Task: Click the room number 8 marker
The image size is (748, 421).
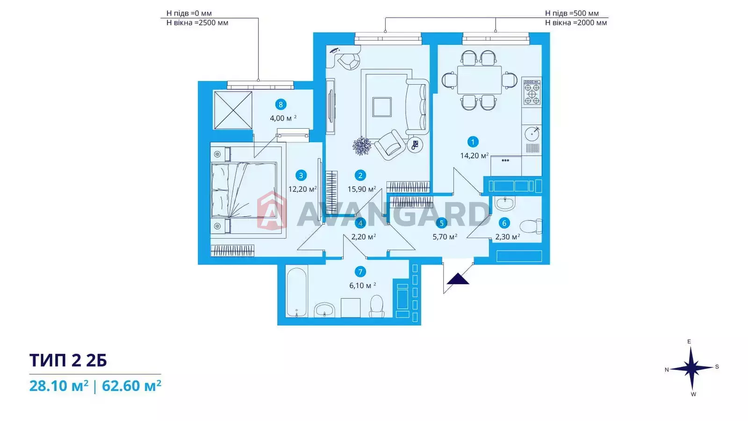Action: coord(280,105)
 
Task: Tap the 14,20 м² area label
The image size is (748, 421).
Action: coord(474,155)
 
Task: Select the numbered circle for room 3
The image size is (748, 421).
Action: coord(301,175)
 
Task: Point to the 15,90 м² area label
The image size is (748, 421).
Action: coord(362,189)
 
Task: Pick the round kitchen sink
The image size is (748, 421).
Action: coord(532,134)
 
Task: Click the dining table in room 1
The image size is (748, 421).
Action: coord(479,80)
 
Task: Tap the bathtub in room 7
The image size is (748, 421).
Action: coord(296,292)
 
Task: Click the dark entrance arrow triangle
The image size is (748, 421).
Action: coord(458,279)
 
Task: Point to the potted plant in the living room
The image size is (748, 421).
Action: coord(362,146)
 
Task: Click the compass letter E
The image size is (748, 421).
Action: coord(689,341)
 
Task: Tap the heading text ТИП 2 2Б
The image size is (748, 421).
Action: coord(68,360)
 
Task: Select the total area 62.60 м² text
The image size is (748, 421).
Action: coord(131,386)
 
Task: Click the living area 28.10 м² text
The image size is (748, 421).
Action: coord(59,386)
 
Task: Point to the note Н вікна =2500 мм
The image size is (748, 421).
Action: coord(197,23)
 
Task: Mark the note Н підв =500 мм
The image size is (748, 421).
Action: coord(572,13)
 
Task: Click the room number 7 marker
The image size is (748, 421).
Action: coord(360,272)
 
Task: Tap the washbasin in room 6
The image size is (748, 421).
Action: coord(504,203)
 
